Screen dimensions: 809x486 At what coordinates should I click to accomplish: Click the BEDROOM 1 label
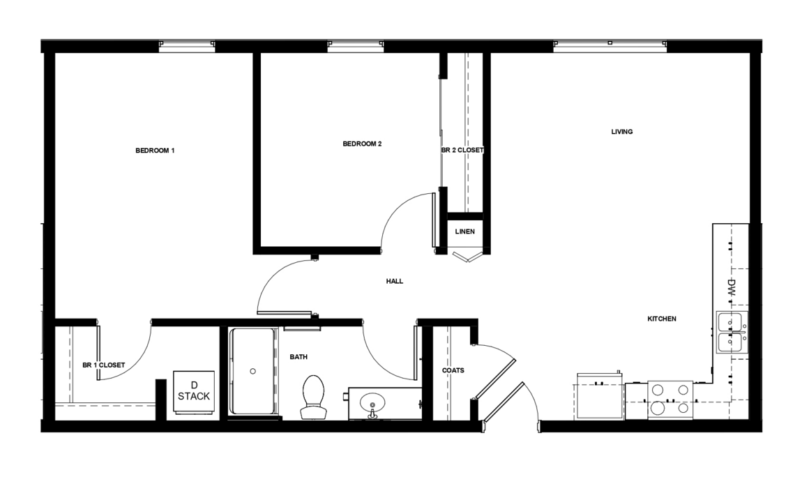tap(155, 151)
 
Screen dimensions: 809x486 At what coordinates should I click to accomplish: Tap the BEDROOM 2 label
tap(362, 144)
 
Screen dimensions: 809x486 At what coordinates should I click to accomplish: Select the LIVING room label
tap(621, 132)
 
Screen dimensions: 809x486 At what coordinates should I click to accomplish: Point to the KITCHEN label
tap(661, 319)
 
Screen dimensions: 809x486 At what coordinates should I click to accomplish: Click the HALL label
tap(395, 281)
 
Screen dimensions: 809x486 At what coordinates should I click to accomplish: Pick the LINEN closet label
tap(465, 231)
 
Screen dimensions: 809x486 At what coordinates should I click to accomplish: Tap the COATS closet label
tap(453, 370)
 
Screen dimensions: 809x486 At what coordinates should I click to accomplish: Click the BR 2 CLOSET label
tap(462, 150)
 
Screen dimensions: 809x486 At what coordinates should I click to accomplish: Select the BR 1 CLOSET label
tap(104, 365)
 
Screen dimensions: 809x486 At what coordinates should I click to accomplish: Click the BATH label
tap(298, 356)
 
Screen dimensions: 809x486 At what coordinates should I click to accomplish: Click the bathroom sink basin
tap(372, 402)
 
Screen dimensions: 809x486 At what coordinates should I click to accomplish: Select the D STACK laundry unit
tap(194, 392)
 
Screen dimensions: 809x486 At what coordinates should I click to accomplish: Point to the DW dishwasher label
tap(731, 287)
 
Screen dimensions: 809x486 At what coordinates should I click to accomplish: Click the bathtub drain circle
tap(252, 371)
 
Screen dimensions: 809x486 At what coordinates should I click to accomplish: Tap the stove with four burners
tap(670, 400)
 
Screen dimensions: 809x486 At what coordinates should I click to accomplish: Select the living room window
tap(610, 47)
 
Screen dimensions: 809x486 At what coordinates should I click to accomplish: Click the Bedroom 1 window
tap(187, 47)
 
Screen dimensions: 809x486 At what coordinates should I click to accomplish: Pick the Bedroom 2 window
tap(356, 47)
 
